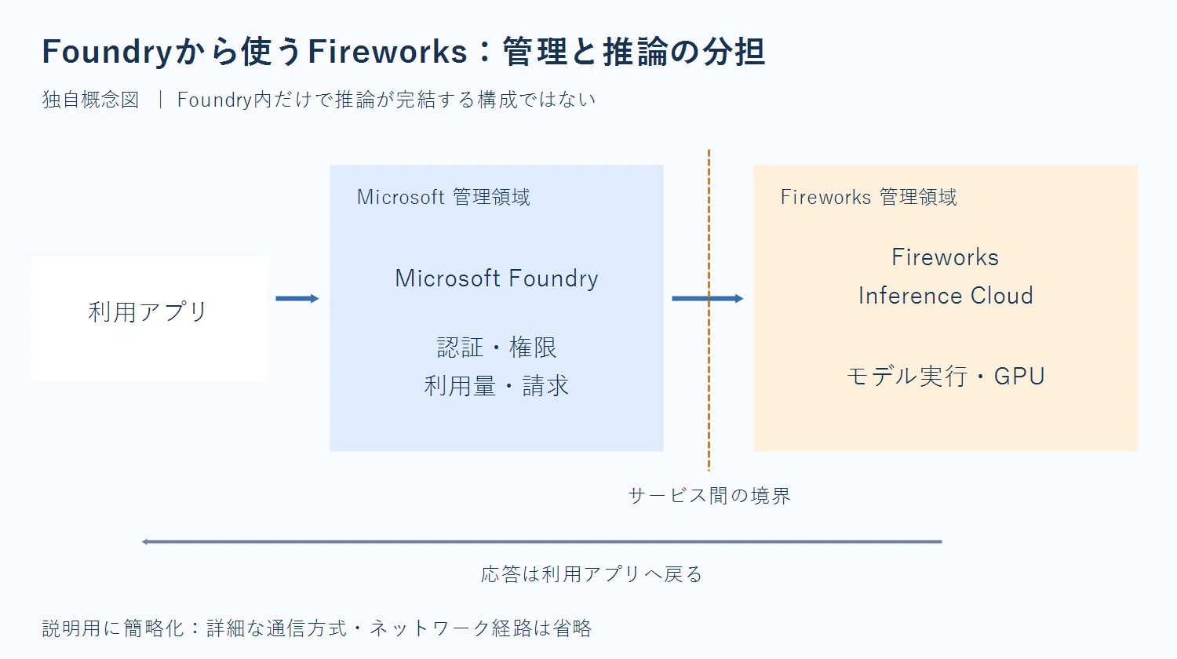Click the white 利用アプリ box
pyautogui.click(x=149, y=318)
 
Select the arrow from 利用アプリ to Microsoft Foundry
pyautogui.click(x=297, y=298)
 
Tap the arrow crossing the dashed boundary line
pyautogui.click(x=707, y=298)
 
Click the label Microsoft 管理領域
pyautogui.click(x=443, y=197)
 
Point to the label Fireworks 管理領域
pyautogui.click(x=869, y=197)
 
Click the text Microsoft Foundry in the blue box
pyautogui.click(x=497, y=278)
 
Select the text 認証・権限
pyautogui.click(x=497, y=348)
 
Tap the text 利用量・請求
pyautogui.click(x=497, y=386)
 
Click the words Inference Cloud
pyautogui.click(x=946, y=295)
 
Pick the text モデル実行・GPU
pyautogui.click(x=946, y=377)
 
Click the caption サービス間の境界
pyautogui.click(x=709, y=496)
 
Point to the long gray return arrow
pyautogui.click(x=541, y=541)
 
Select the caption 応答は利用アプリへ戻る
pyautogui.click(x=592, y=573)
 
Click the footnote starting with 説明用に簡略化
pyautogui.click(x=317, y=628)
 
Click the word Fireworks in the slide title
pyautogui.click(x=388, y=52)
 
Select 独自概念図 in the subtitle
pyautogui.click(x=91, y=100)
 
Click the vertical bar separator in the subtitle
pyautogui.click(x=160, y=100)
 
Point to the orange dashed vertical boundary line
pyautogui.click(x=709, y=310)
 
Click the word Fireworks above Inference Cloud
pyautogui.click(x=946, y=257)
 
